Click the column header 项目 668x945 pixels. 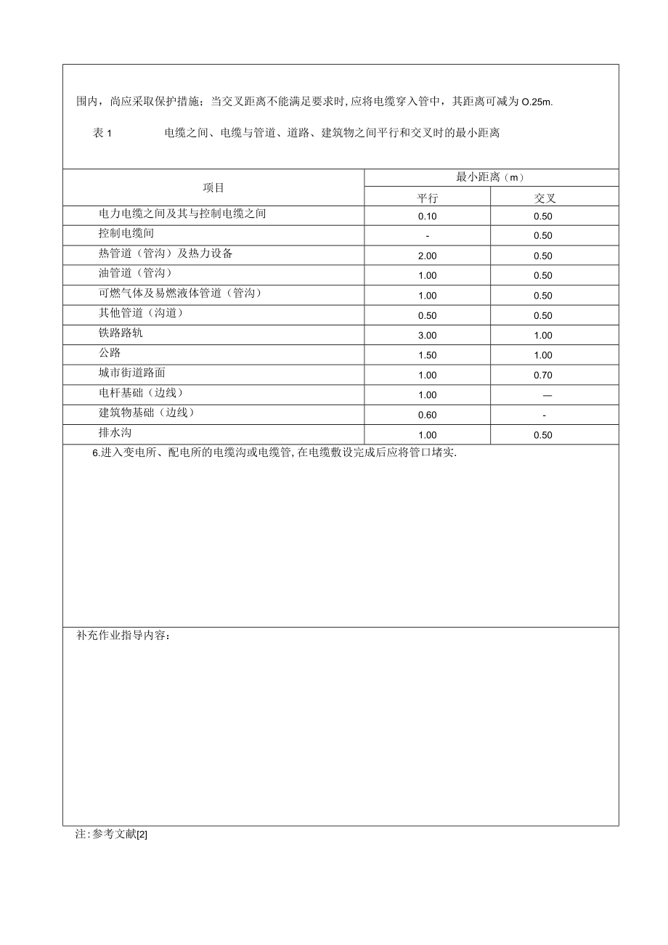click(213, 187)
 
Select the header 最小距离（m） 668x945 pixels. click(490, 177)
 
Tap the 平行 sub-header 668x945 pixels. click(427, 198)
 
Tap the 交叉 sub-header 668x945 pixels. click(545, 198)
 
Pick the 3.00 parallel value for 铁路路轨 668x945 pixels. click(427, 336)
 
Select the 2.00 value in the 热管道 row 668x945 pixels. click(427, 256)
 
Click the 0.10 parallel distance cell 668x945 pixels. click(427, 216)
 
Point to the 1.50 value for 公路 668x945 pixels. click(427, 355)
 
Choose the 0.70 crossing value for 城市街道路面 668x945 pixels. click(543, 376)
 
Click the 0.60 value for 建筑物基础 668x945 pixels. click(427, 415)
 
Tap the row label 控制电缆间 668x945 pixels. click(126, 234)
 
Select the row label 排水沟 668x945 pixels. click(115, 433)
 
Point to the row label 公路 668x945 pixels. click(110, 353)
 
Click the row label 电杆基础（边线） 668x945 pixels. click(142, 393)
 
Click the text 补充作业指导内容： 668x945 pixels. click(123, 636)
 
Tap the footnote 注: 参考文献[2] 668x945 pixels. click(111, 835)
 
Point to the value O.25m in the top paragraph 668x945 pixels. click(537, 102)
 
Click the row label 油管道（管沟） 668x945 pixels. click(137, 274)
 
